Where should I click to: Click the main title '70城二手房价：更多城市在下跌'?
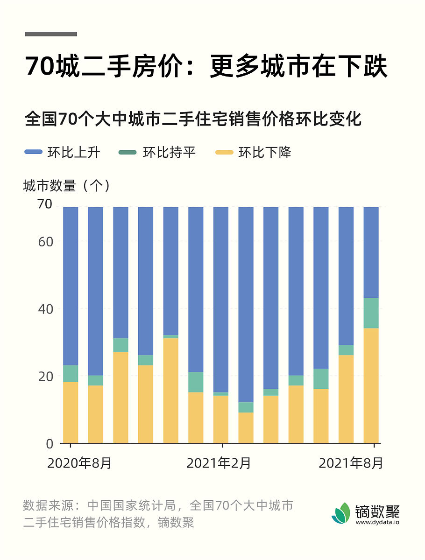[x=206, y=67]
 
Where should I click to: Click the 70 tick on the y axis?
[x=45, y=204]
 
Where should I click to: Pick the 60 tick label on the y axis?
[x=45, y=241]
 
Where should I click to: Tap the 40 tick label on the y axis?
[x=45, y=308]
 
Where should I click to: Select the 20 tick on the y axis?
[x=45, y=376]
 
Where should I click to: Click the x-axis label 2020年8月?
[x=80, y=463]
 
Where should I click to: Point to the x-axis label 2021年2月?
[x=219, y=463]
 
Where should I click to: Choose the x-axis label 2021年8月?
[x=351, y=463]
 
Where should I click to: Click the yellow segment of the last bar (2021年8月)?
[x=371, y=385]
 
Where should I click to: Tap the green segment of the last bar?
[x=371, y=313]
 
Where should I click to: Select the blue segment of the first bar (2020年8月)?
[x=71, y=285]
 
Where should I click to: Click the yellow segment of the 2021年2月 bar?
[x=221, y=419]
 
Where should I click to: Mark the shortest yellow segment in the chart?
[x=246, y=427]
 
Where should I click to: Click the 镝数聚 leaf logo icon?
[x=341, y=513]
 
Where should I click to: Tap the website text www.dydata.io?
[x=377, y=523]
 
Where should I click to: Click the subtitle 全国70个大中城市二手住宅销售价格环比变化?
[x=193, y=119]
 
